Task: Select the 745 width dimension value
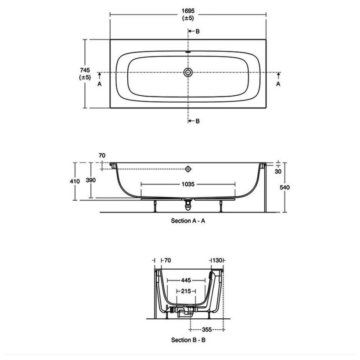tap(85, 70)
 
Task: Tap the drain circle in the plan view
tap(188, 72)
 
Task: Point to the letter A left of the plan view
tap(99, 84)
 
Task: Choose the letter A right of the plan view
tap(278, 84)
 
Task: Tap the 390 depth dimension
tap(91, 180)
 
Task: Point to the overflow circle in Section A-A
tap(188, 169)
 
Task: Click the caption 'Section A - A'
tap(188, 221)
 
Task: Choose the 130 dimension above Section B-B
tap(217, 261)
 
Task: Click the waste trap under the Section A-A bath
tap(189, 202)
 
